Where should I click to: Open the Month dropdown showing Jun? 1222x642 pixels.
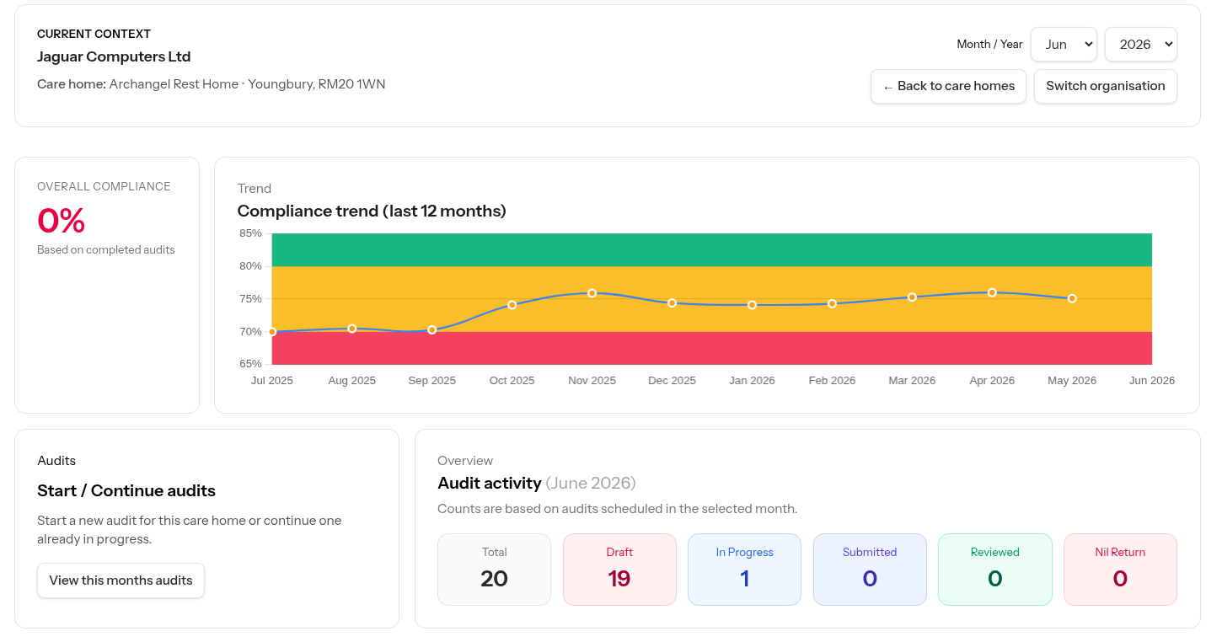(1064, 44)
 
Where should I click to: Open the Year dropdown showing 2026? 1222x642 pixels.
(1140, 44)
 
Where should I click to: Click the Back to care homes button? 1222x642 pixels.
(948, 86)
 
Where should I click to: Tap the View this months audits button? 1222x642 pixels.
(121, 580)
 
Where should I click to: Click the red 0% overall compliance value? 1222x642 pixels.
(61, 221)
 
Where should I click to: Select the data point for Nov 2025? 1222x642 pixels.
(592, 293)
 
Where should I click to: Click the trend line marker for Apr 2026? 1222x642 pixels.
(992, 293)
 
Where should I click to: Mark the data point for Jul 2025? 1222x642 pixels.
(272, 332)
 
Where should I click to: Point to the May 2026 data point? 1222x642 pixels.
(1072, 298)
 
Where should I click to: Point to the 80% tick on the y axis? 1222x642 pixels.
(250, 266)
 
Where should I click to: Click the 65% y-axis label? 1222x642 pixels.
(250, 364)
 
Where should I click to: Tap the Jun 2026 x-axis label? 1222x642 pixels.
(1151, 381)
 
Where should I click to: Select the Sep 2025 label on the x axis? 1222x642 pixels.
(432, 381)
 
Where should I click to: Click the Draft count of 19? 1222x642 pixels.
(619, 579)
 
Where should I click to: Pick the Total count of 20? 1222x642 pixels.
(494, 579)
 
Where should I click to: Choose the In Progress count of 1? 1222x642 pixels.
(745, 579)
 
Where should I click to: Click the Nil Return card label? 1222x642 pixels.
(1120, 552)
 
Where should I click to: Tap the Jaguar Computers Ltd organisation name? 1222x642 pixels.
(114, 56)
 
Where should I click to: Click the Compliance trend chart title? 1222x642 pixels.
(372, 211)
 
